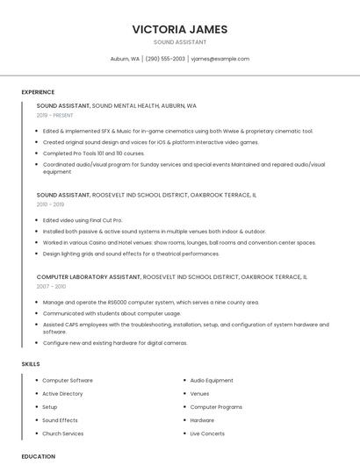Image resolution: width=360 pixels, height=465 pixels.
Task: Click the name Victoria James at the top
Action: tap(180, 29)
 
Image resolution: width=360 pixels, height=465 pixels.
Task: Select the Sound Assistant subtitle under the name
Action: tap(180, 42)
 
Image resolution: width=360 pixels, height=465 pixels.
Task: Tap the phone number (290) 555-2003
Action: tap(165, 59)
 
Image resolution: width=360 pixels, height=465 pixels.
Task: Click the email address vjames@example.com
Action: tap(220, 59)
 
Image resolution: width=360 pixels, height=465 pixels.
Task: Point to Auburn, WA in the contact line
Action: tap(125, 59)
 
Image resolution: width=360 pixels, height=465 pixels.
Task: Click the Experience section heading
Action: tap(38, 92)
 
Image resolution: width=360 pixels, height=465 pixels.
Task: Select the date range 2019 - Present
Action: tap(54, 115)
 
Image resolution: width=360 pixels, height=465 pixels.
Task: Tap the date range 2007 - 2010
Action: tap(51, 286)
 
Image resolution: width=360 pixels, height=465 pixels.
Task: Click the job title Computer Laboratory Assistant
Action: tap(88, 276)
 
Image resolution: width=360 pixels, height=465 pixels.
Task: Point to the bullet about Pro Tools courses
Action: tap(94, 153)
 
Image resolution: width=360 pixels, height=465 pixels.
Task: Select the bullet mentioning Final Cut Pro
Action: tap(83, 220)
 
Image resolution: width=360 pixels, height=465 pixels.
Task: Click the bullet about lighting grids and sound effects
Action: tap(131, 254)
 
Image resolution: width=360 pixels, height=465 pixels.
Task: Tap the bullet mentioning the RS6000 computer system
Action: tap(150, 302)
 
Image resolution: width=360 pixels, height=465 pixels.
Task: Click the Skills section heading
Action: tap(31, 363)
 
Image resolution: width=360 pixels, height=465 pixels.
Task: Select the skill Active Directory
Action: tap(62, 394)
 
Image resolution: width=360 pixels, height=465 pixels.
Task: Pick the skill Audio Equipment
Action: tap(212, 381)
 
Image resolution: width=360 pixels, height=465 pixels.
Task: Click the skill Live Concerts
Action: tap(207, 433)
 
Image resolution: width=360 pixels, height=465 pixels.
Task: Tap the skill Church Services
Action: tap(62, 433)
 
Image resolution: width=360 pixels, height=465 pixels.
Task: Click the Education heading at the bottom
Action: tap(38, 456)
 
